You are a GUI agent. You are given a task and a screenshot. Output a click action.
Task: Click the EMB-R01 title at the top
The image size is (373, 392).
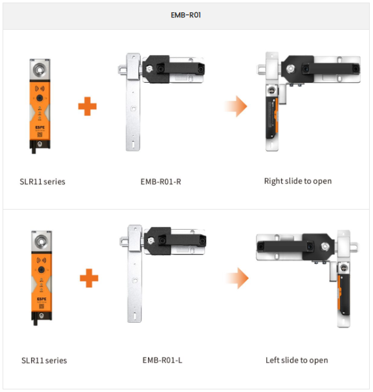coord(186,15)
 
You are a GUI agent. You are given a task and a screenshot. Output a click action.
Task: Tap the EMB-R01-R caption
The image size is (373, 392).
coord(161,182)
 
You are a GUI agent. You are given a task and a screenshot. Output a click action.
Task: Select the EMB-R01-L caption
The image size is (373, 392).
coord(162,360)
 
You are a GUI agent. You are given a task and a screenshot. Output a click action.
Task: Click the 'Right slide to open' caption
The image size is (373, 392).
coord(298,181)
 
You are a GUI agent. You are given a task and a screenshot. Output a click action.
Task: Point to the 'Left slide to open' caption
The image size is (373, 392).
coord(297,360)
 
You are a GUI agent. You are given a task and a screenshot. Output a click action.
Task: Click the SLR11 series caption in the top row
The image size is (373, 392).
coord(43,182)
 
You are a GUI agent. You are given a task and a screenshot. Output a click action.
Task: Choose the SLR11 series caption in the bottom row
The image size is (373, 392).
coord(44,360)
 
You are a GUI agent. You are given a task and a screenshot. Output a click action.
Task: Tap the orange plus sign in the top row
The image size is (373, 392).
coord(87,106)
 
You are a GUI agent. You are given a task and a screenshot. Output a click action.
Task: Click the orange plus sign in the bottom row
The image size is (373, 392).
coord(89,278)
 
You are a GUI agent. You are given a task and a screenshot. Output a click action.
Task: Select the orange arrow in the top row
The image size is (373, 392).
coord(236,106)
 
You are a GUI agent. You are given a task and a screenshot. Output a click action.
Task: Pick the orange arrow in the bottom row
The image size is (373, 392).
coord(237,278)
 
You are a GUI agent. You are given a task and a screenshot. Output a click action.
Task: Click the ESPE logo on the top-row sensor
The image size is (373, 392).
coord(40,127)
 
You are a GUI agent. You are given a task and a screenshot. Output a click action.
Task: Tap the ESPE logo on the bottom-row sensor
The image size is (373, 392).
coord(42,299)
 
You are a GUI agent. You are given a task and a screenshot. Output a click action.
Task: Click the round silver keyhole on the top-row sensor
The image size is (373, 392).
coord(39,69)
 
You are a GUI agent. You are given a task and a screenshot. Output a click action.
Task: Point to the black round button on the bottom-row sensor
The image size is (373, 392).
coord(41,270)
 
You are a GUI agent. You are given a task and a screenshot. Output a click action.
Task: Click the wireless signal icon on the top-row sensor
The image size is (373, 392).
coord(39,88)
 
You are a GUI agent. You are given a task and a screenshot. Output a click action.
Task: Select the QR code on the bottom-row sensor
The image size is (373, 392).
coord(41,306)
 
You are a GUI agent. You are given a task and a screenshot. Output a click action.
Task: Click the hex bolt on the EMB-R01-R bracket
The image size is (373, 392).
coord(149,69)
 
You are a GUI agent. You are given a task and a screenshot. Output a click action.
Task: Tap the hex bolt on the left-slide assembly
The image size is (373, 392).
coord(325,246)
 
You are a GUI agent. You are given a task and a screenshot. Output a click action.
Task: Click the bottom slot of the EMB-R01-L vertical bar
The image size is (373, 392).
coord(134,316)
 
